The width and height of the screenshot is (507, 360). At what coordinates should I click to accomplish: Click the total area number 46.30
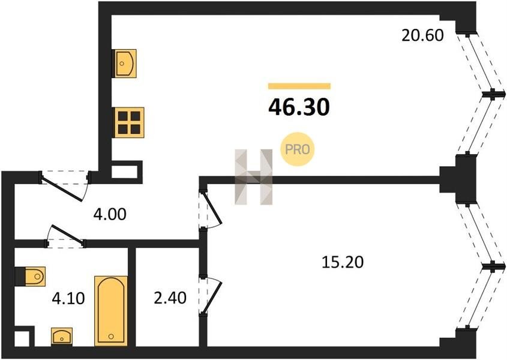(299, 107)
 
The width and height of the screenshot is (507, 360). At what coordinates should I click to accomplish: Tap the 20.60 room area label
(422, 35)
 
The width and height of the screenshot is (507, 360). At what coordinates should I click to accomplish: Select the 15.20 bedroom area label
(343, 262)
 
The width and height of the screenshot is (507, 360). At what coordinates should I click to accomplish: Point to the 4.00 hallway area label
(110, 214)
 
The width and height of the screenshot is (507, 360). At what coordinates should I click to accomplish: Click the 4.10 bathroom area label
(68, 298)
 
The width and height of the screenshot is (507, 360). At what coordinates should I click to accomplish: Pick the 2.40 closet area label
(170, 298)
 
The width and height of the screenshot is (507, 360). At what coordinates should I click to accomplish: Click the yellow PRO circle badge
(297, 149)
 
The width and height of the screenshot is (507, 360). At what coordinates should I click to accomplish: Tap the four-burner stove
(129, 122)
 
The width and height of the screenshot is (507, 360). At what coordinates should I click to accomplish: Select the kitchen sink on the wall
(124, 64)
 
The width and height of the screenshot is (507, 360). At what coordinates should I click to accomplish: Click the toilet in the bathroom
(31, 277)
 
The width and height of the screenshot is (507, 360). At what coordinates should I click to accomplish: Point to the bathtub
(111, 311)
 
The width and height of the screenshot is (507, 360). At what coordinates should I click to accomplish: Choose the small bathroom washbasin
(62, 337)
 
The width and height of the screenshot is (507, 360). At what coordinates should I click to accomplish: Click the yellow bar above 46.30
(299, 86)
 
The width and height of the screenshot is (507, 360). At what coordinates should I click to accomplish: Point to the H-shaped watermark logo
(253, 177)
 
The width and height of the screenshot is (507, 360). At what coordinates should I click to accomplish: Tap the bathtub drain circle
(111, 337)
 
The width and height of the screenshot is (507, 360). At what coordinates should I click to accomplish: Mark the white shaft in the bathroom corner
(22, 339)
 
